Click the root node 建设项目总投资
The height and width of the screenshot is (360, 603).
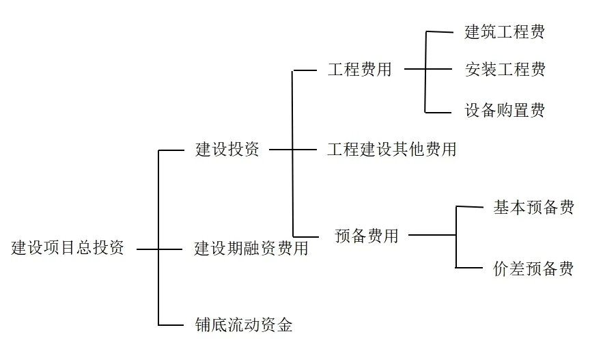pyautogui.click(x=68, y=248)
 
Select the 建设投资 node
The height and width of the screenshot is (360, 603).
pyautogui.click(x=227, y=150)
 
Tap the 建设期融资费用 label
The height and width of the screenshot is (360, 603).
pyautogui.click(x=251, y=248)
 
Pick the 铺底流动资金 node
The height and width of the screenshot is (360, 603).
pyautogui.click(x=243, y=324)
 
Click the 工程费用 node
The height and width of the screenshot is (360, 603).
pyautogui.click(x=359, y=70)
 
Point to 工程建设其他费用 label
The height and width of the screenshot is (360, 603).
pyautogui.click(x=391, y=150)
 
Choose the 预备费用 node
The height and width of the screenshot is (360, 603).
pyautogui.click(x=367, y=236)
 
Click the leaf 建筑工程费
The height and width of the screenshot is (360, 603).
pyautogui.click(x=505, y=31)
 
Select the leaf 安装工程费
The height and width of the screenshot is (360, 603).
pyautogui.click(x=505, y=70)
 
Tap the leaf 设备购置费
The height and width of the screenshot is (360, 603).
pyautogui.click(x=505, y=111)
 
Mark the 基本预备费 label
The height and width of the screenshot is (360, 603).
pyautogui.click(x=533, y=208)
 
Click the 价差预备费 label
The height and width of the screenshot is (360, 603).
pyautogui.click(x=533, y=268)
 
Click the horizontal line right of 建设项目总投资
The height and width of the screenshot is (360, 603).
pyautogui.click(x=148, y=249)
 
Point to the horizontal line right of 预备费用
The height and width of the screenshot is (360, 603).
pyautogui.click(x=432, y=236)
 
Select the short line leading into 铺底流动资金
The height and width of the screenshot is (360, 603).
pyautogui.click(x=171, y=324)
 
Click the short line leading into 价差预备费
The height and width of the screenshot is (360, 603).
pyautogui.click(x=468, y=268)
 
